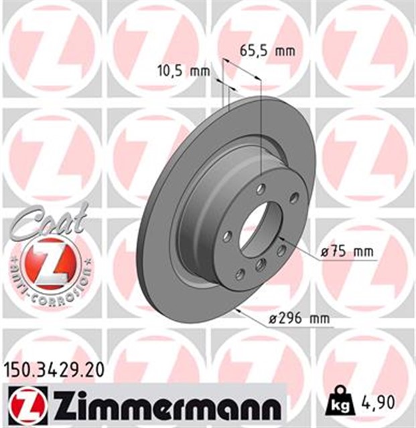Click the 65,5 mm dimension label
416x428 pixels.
pyautogui.click(x=267, y=50)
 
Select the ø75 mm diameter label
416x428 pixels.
pyautogui.click(x=347, y=252)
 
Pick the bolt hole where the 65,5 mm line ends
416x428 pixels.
pyautogui.click(x=261, y=188)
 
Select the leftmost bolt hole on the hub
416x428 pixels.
pyautogui.click(x=228, y=236)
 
